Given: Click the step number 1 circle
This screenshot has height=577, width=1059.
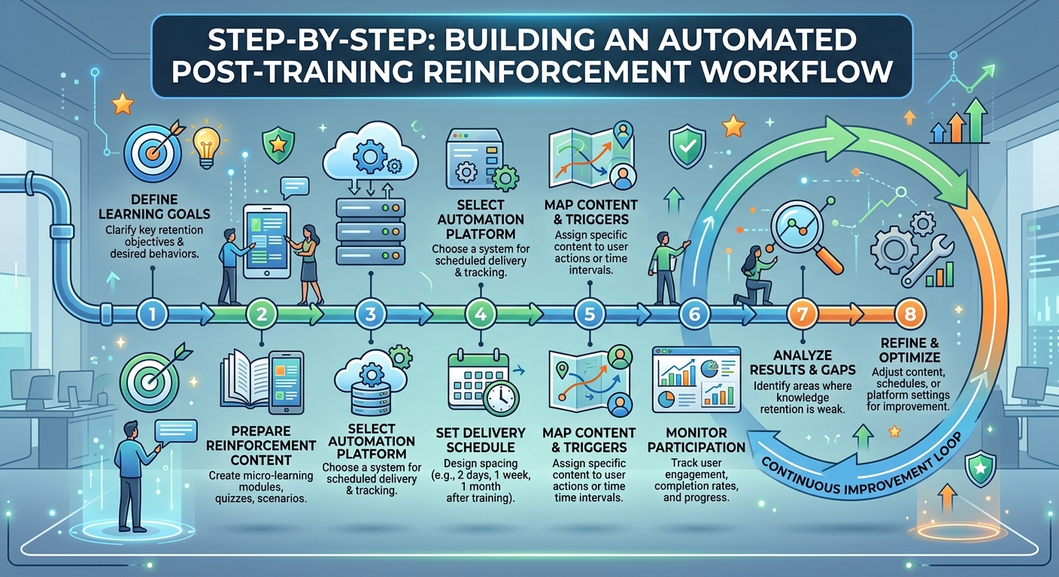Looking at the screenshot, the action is pyautogui.click(x=152, y=314).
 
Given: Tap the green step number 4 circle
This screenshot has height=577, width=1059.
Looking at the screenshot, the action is pyautogui.click(x=481, y=314).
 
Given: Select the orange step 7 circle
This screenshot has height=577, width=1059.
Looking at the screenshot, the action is pyautogui.click(x=803, y=314).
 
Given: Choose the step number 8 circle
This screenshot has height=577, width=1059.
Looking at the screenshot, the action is pyautogui.click(x=910, y=314).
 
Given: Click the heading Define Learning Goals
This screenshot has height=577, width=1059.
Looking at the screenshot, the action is pyautogui.click(x=154, y=207).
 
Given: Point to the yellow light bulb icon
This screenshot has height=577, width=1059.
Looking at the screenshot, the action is pyautogui.click(x=207, y=146).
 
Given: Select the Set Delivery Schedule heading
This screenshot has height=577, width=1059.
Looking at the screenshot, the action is pyautogui.click(x=481, y=440).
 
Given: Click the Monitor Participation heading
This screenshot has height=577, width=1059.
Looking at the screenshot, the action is pyautogui.click(x=696, y=440).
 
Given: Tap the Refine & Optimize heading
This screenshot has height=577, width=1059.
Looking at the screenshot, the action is pyautogui.click(x=909, y=350).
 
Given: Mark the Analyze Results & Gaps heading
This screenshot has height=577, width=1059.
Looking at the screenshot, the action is pyautogui.click(x=803, y=362).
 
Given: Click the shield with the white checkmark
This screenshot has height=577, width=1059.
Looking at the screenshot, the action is pyautogui.click(x=687, y=146).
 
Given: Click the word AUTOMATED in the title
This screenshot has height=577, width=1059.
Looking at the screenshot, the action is pyautogui.click(x=741, y=40).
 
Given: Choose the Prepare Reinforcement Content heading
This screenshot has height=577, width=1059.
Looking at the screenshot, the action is pyautogui.click(x=261, y=446).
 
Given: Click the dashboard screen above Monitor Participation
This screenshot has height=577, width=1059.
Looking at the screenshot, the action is pyautogui.click(x=696, y=379).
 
